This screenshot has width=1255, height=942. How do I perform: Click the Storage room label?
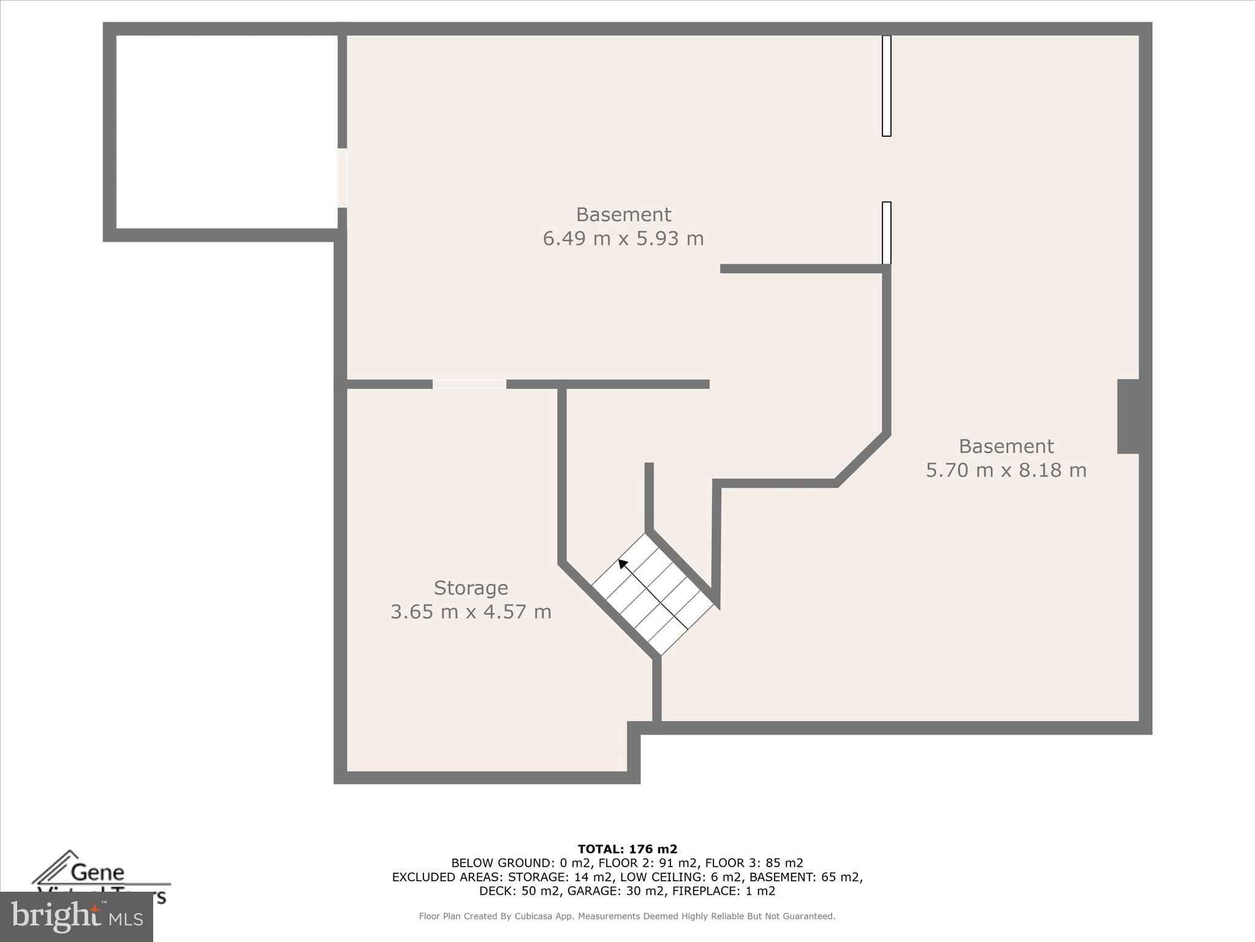[x=471, y=588]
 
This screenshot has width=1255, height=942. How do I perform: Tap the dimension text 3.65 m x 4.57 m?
[x=471, y=612]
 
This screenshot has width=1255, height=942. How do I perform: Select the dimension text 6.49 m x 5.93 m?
[x=623, y=238]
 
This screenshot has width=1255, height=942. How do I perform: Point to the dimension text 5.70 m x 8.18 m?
[x=1006, y=470]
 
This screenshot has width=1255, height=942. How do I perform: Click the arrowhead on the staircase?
[x=623, y=564]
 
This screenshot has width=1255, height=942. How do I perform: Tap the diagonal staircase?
[x=653, y=594]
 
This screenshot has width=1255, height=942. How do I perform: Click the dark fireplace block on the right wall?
[x=1128, y=416]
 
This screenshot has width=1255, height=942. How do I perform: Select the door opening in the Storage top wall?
[x=469, y=385]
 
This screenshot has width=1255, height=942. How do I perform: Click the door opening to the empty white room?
[x=342, y=178]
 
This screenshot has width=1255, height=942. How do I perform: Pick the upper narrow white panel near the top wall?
[x=886, y=86]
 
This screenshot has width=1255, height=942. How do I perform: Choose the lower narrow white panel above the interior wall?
[x=886, y=232]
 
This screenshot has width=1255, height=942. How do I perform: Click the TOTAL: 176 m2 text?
[x=627, y=849]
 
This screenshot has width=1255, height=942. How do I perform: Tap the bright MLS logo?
[x=76, y=917]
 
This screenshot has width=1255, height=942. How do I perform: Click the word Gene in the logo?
[x=97, y=872]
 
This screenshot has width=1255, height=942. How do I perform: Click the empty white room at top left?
[x=227, y=132]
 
